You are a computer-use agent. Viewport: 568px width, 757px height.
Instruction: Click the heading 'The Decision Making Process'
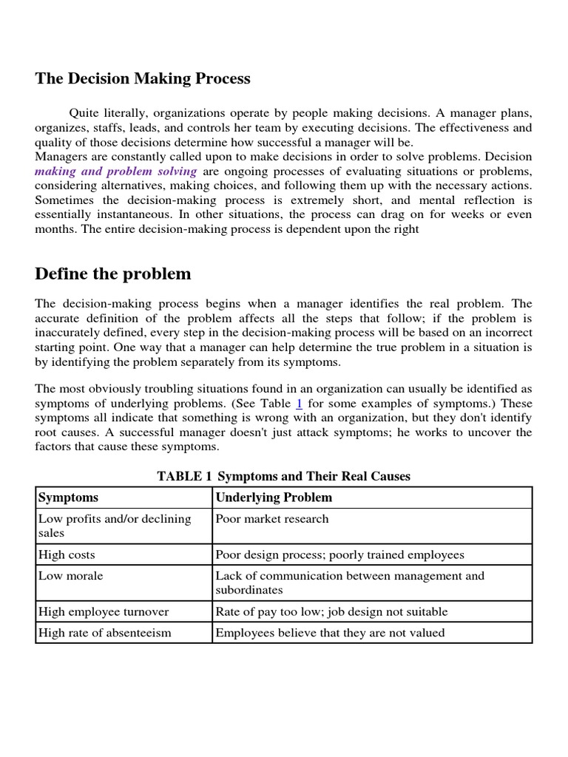[x=143, y=78]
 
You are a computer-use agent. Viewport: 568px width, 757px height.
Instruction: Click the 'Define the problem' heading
[x=113, y=274]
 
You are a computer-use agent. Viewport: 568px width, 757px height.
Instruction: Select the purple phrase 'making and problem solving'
[x=116, y=171]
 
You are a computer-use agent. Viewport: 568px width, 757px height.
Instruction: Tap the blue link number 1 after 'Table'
[x=299, y=404]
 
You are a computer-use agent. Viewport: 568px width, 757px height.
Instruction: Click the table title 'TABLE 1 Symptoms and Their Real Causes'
[x=283, y=476]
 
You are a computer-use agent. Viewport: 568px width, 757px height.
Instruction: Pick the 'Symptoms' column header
[x=68, y=498]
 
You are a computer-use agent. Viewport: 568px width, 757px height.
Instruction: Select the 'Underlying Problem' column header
[x=274, y=498]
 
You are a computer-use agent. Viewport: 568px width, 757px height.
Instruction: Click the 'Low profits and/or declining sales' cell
[x=115, y=526]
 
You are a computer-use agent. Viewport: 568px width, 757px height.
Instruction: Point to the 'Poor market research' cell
[x=271, y=519]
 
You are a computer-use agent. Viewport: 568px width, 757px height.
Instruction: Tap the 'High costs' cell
[x=67, y=554]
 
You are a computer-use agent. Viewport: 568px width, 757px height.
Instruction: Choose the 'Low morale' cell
[x=70, y=576]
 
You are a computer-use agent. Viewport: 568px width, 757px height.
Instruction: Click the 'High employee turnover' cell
[x=104, y=611]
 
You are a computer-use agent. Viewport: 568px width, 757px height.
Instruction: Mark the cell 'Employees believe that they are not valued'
[x=331, y=633]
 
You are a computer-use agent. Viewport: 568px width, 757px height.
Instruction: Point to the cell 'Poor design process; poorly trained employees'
[x=339, y=554]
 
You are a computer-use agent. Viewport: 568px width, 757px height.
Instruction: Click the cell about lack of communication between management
[x=350, y=583]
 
